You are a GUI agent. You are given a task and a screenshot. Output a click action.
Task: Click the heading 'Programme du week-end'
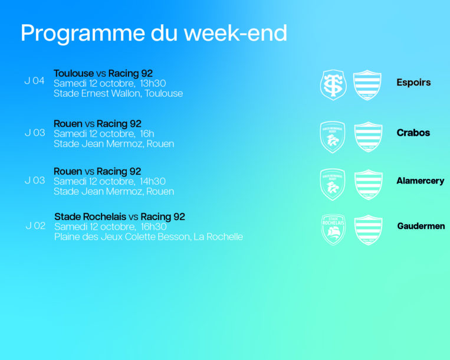click(154, 34)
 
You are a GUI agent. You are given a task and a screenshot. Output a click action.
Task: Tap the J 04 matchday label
click(34, 81)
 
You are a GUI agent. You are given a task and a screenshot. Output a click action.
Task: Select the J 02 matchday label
click(35, 225)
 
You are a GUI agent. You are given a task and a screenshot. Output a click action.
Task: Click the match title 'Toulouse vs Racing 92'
click(103, 74)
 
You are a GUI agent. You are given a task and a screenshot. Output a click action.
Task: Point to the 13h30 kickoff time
click(153, 83)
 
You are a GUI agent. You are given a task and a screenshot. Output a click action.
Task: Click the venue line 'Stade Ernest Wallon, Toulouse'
click(118, 93)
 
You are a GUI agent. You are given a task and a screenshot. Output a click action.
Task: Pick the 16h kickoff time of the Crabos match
click(147, 133)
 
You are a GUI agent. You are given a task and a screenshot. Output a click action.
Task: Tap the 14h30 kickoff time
click(153, 181)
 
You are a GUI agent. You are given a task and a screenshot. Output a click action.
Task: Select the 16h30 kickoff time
click(154, 227)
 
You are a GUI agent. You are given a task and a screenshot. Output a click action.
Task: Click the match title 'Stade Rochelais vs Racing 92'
click(120, 217)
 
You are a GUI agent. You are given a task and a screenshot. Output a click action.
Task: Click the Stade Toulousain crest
click(333, 85)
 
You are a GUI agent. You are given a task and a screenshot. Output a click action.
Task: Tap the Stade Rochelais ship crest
click(333, 230)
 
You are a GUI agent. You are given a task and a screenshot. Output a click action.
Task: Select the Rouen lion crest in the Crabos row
click(333, 137)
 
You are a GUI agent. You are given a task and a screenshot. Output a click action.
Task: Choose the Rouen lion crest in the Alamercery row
click(333, 184)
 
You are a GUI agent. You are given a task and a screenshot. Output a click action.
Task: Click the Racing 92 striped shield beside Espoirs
click(367, 85)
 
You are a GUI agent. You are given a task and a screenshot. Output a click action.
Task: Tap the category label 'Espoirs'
click(413, 83)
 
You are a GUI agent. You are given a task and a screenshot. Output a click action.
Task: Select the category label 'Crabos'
click(413, 133)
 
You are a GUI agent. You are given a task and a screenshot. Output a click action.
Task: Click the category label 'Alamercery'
click(421, 181)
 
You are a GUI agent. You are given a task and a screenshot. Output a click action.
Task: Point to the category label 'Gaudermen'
click(421, 226)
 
